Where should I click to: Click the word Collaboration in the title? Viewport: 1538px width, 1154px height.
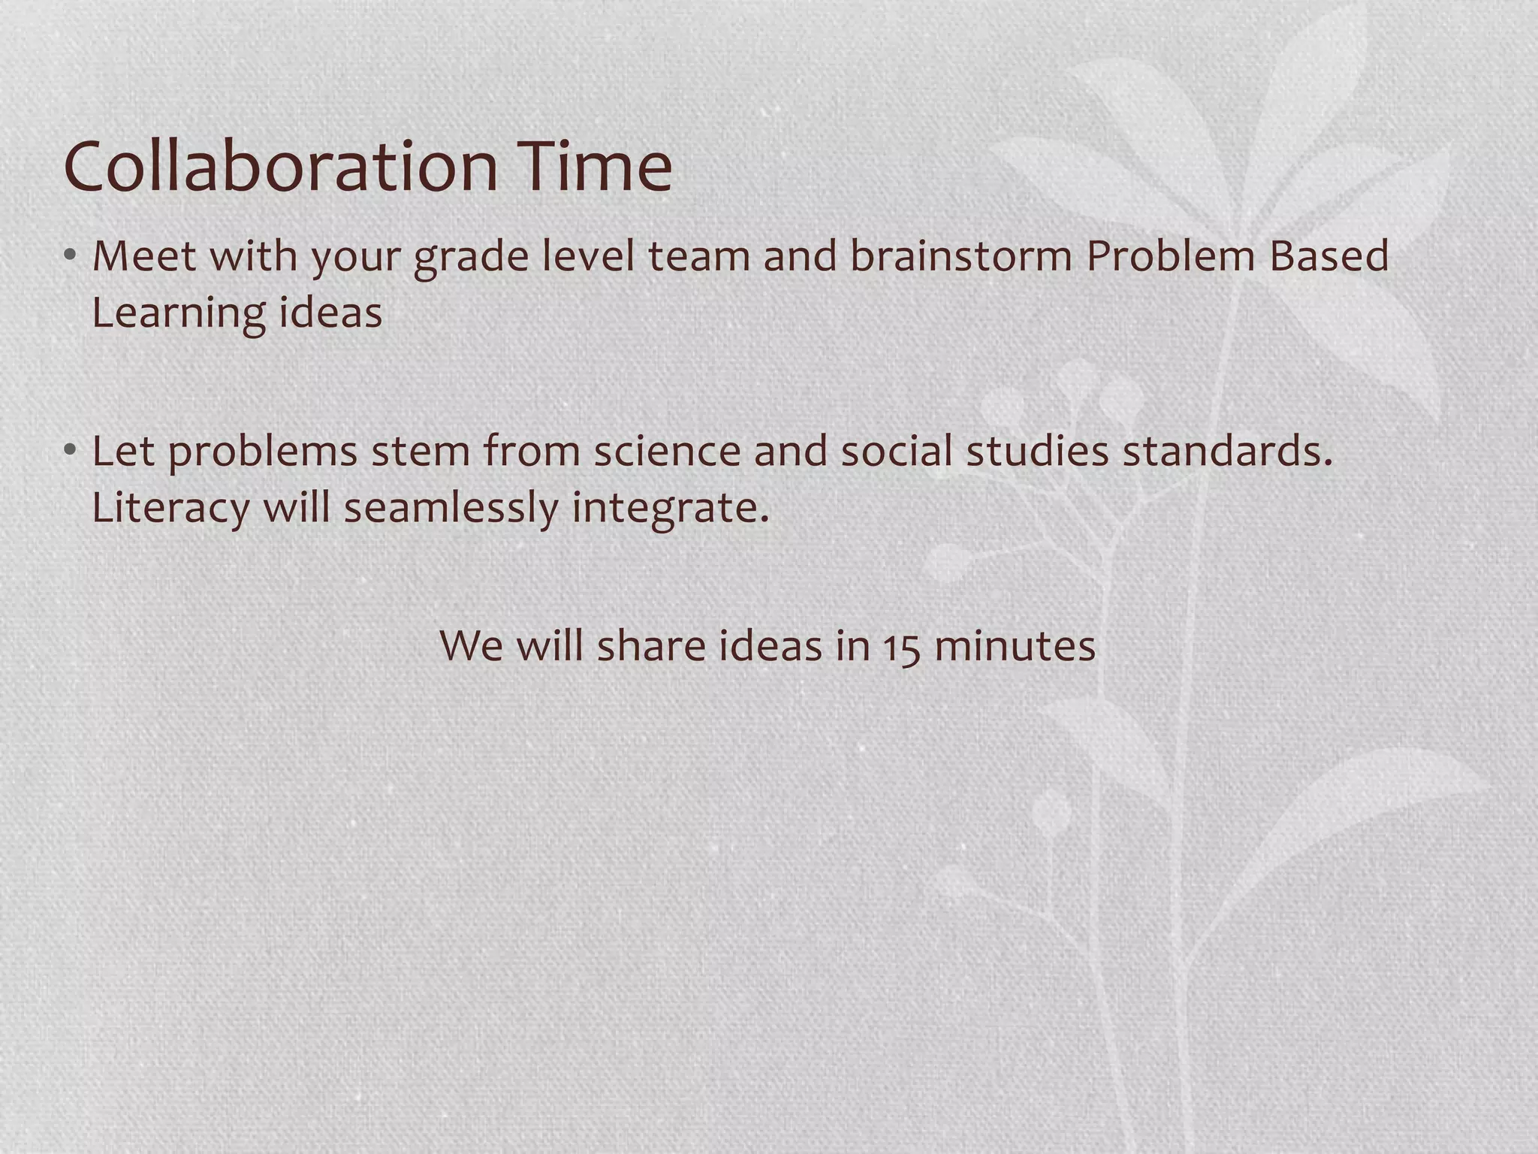click(281, 166)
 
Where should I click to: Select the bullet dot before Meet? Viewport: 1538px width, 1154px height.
click(70, 255)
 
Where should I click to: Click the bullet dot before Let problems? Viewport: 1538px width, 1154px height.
click(70, 450)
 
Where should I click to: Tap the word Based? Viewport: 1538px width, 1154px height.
click(1329, 255)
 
